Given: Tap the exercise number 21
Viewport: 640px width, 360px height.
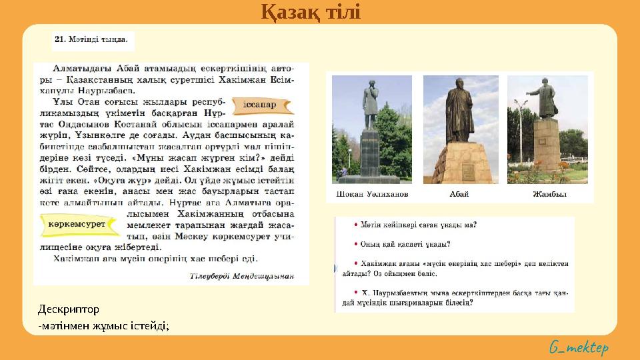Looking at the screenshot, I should (59, 40).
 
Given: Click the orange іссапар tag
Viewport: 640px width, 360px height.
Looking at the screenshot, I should (259, 105).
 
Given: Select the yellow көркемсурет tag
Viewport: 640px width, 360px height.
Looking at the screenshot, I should (78, 225).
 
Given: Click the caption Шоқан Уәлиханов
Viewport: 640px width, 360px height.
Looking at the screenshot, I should (369, 194).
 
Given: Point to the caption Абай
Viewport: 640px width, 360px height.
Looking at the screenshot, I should (459, 194).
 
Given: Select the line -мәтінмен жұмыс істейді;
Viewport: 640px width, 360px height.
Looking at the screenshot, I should (103, 325).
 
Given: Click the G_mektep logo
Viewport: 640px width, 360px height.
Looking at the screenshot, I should (579, 347).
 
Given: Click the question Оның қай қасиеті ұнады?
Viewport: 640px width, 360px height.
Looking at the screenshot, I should (407, 244).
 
